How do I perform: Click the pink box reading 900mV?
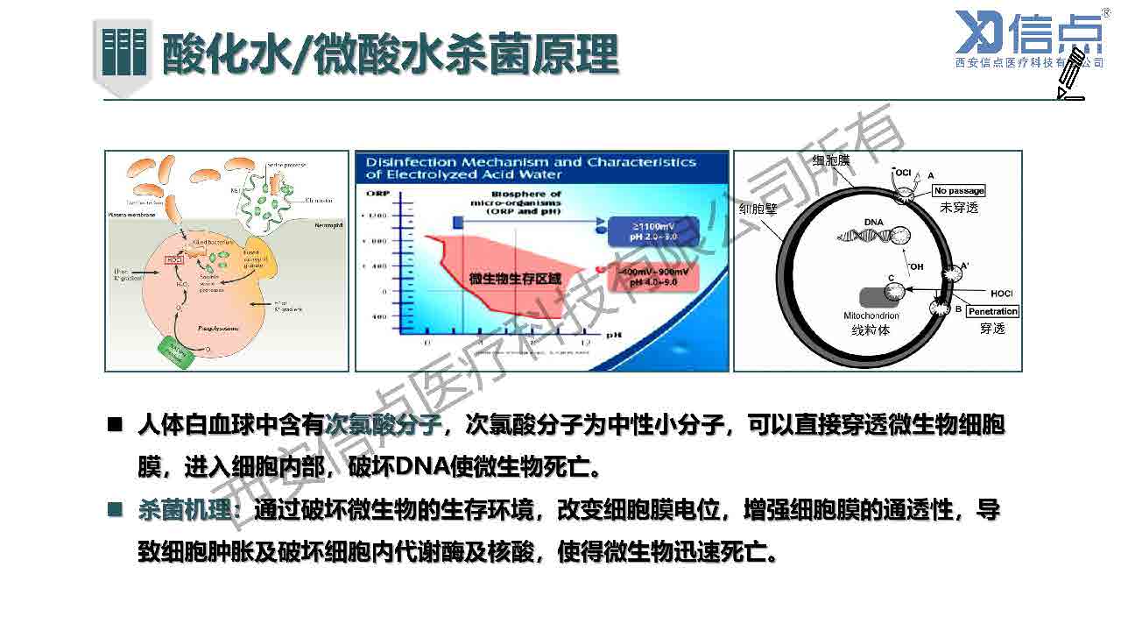coord(650,279)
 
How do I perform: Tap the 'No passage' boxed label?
coord(958,191)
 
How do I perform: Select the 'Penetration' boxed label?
coord(992,311)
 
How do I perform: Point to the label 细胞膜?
coord(831,160)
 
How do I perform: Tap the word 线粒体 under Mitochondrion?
coord(871,330)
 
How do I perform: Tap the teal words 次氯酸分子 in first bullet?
coord(383,426)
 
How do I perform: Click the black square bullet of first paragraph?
coord(115,425)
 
